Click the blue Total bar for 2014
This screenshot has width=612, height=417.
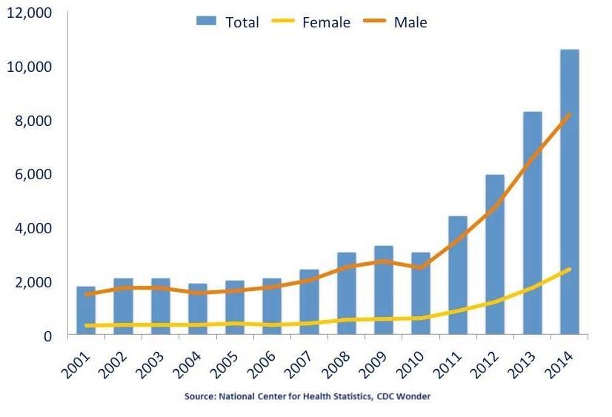coord(570,192)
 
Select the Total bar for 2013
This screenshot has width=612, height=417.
coord(533,223)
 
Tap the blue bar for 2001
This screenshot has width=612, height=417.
coord(86,310)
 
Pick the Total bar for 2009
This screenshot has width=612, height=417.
coord(384,290)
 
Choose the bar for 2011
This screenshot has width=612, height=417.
coord(458,275)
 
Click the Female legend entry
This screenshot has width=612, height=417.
coord(311,21)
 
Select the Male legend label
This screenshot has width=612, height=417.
coord(410,22)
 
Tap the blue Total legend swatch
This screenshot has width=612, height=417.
coord(206,21)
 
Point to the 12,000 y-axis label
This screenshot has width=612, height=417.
coord(30,13)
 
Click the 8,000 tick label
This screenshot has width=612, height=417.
coord(33,121)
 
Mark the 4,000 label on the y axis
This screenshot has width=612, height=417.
coord(33,228)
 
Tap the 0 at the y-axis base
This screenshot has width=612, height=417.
coord(47,336)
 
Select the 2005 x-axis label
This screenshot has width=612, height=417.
coord(227,365)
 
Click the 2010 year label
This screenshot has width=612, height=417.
coord(413,365)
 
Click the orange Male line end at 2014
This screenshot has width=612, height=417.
coord(569,115)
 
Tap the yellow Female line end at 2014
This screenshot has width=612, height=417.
coord(569,270)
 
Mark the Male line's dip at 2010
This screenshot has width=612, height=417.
coord(420,267)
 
